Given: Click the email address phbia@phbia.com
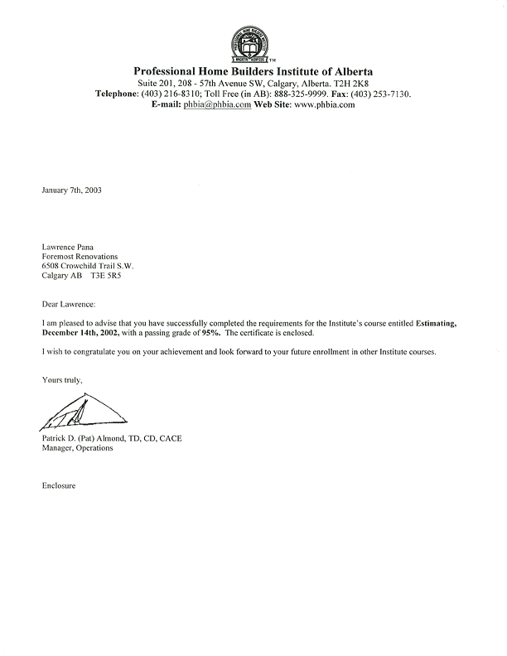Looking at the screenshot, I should pyautogui.click(x=217, y=104).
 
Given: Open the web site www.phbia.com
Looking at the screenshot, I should pyautogui.click(x=324, y=104).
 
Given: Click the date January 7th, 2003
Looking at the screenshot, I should pyautogui.click(x=72, y=190).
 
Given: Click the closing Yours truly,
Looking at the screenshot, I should pyautogui.click(x=62, y=379).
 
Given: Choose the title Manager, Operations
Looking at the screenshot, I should pyautogui.click(x=77, y=448).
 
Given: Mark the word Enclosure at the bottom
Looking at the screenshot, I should pyautogui.click(x=59, y=485).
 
